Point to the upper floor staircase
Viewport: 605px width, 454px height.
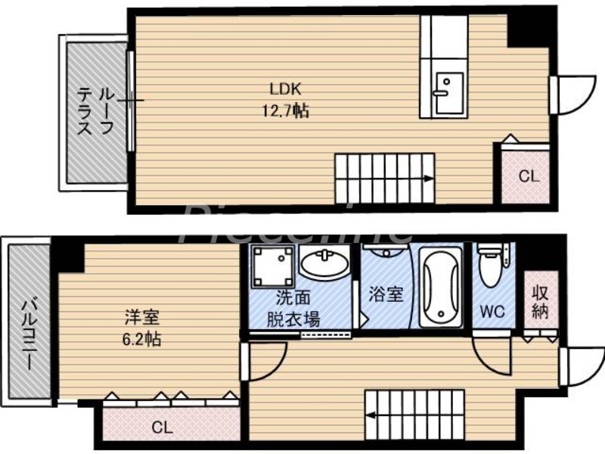[x=384, y=177]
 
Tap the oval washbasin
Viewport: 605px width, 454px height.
[x=325, y=265]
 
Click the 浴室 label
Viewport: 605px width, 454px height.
[x=386, y=294]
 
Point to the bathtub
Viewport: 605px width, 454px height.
[x=440, y=288]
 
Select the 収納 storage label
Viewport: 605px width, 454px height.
[x=540, y=302]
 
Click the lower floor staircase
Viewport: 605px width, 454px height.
[x=414, y=413]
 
